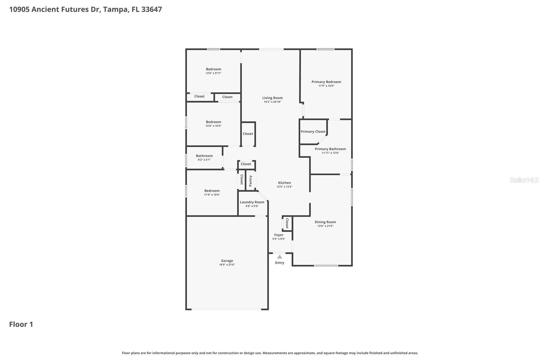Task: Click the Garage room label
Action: coord(227,261)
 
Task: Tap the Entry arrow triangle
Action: coord(279,257)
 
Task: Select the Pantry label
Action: coord(250,181)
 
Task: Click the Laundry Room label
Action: coord(252,202)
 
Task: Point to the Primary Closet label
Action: coord(313,132)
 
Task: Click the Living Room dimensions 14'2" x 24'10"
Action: coord(272,102)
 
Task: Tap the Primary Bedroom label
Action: coord(326,82)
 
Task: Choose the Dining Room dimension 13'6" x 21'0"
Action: coord(325,226)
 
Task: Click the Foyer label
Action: coord(279,235)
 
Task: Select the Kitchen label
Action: coord(285,183)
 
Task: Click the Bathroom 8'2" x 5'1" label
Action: coord(204,158)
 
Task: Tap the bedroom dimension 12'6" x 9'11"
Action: coord(213,73)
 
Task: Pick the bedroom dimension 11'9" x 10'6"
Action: coord(212,195)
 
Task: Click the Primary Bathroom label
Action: coord(330,149)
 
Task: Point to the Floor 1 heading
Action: coord(21,324)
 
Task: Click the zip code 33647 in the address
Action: coord(152,9)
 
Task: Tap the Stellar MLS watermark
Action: coord(524,180)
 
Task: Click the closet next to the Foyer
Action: coord(287,223)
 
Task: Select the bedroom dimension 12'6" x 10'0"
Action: coord(213,126)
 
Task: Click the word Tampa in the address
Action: coord(115,9)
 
